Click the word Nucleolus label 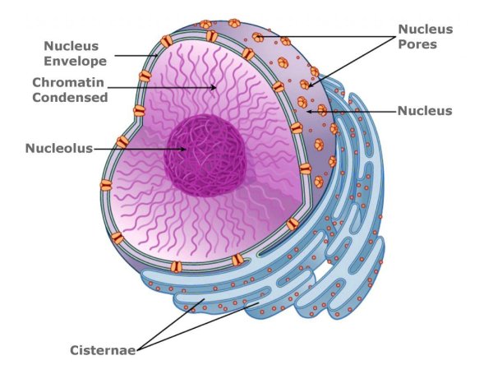click(58, 149)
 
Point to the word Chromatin click(69, 82)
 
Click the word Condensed click(71, 97)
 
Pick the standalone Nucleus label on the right click(424, 110)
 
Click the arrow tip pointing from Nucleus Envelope click(159, 56)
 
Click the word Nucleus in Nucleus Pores click(425, 29)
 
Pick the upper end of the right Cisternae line click(260, 304)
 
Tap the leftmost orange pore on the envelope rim click(106, 185)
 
